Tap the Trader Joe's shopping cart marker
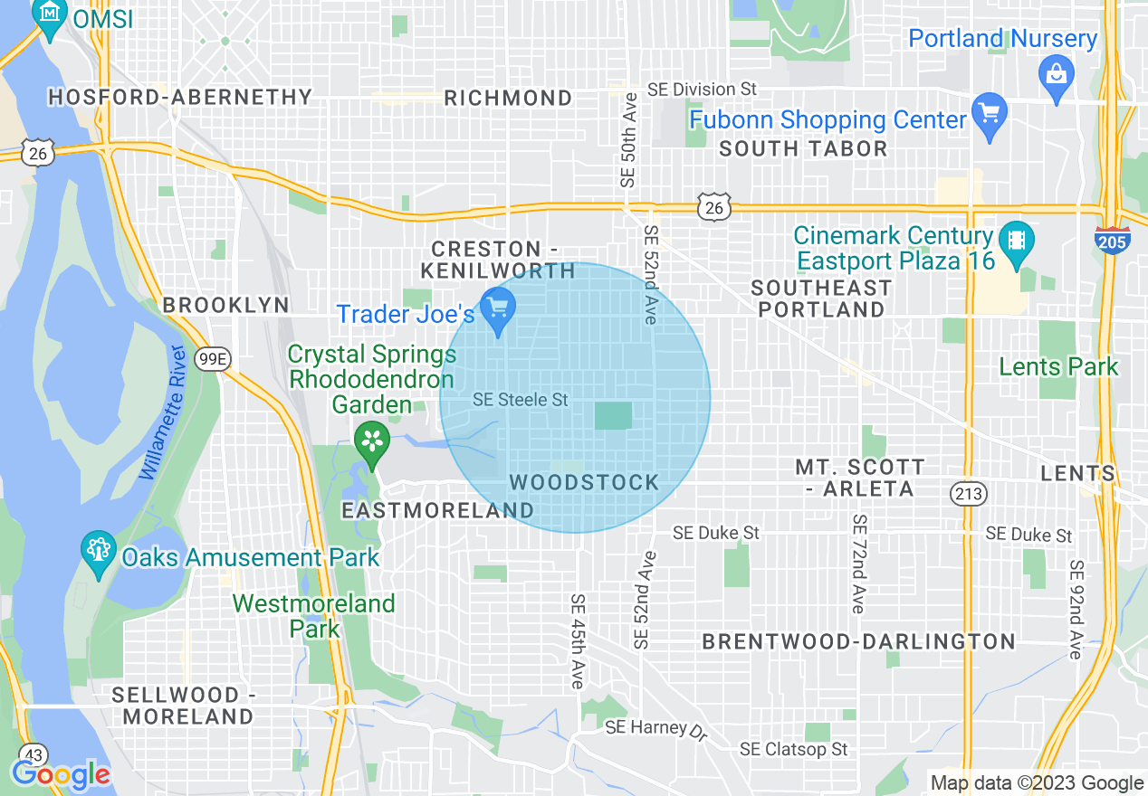[x=497, y=309]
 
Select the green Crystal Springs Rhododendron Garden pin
[x=371, y=442]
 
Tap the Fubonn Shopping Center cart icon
[x=989, y=114]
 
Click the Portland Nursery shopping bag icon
[x=1056, y=72]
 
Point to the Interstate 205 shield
[x=1110, y=240]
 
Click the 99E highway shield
[x=214, y=359]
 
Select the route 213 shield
[x=968, y=493]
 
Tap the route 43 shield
[x=33, y=754]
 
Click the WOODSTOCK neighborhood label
[x=584, y=482]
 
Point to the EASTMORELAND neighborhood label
[x=437, y=510]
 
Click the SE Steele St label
[x=520, y=399]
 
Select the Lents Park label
[x=1058, y=366]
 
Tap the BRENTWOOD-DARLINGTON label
[x=859, y=641]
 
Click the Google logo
[x=61, y=774]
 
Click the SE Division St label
[x=702, y=89]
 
